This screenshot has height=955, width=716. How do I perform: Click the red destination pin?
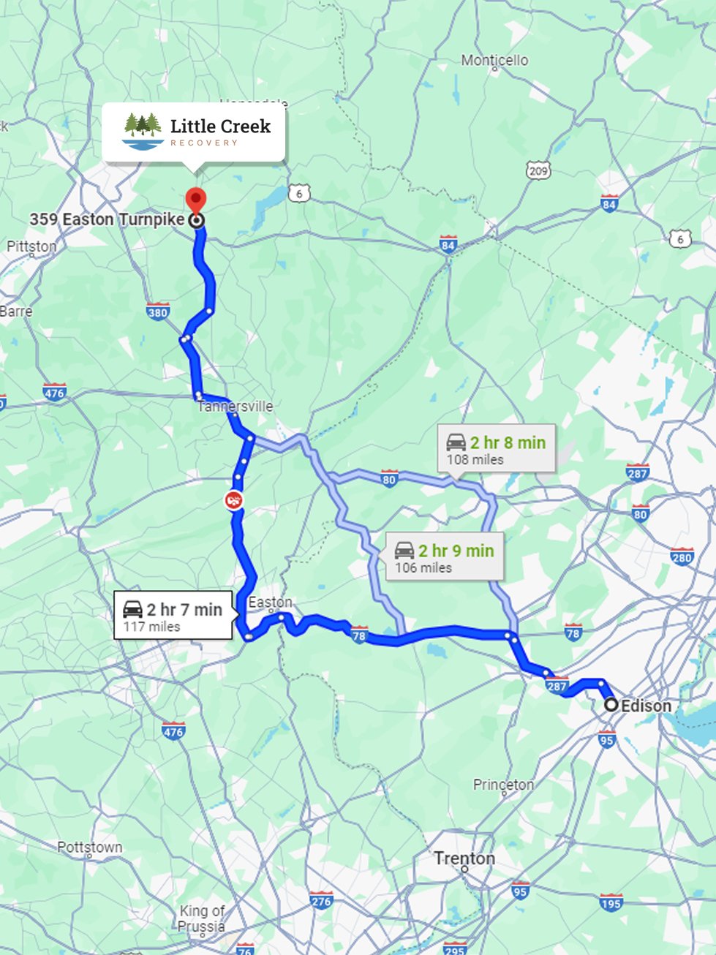click(195, 199)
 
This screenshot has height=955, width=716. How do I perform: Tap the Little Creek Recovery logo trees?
click(143, 126)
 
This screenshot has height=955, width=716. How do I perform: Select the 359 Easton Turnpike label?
click(107, 219)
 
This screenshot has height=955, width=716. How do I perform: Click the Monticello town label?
click(494, 61)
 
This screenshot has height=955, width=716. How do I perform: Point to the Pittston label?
click(31, 246)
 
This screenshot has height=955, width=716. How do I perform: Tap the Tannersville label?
click(235, 407)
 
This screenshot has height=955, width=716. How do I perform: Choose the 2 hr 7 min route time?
click(184, 609)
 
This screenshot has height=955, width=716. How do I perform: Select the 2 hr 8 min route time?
click(508, 442)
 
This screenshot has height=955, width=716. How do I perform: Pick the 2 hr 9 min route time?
click(456, 551)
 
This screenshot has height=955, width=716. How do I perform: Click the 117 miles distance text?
click(151, 627)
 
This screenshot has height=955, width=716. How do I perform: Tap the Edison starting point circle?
click(611, 705)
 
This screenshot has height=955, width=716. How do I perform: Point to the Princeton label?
click(503, 785)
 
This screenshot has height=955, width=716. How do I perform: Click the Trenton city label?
click(464, 858)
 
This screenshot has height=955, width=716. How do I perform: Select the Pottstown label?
click(90, 848)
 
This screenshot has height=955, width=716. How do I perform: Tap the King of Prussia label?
click(202, 918)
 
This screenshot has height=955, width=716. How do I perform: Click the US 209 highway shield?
click(538, 171)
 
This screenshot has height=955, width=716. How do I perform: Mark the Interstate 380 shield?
click(158, 312)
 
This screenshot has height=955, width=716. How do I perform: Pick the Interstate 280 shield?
click(682, 556)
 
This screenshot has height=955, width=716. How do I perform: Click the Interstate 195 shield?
click(611, 902)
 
